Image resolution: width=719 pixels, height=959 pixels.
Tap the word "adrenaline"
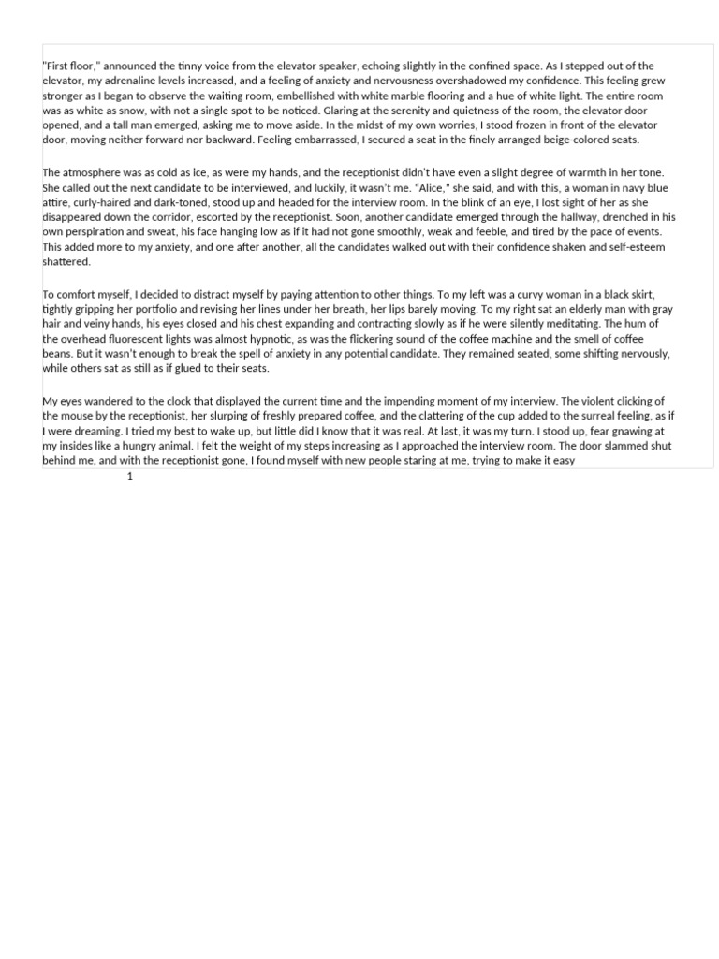126,81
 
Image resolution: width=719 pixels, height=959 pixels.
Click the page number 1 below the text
130,476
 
